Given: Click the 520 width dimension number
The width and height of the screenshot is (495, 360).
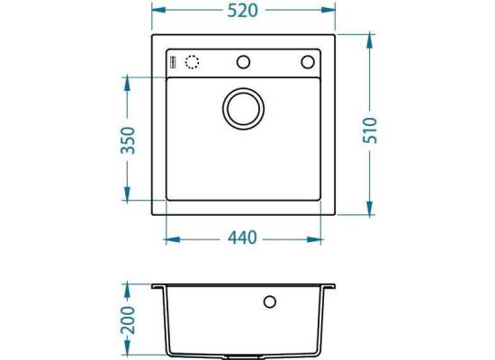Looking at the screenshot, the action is (242, 11).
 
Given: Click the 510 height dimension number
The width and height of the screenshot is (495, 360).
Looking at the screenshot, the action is (370, 130).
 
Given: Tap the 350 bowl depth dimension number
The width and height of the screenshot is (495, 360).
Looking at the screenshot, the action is (128, 140).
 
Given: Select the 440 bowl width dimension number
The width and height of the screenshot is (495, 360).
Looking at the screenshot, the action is (242, 238).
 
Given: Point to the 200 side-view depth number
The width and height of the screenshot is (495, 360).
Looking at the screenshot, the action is (128, 319).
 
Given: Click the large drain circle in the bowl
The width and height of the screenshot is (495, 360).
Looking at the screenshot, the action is (243, 109).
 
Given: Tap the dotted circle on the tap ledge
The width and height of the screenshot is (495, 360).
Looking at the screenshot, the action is (192, 62).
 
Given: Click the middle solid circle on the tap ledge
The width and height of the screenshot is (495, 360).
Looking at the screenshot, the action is (243, 62).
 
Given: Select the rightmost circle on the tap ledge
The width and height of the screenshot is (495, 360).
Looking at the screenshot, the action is (308, 62).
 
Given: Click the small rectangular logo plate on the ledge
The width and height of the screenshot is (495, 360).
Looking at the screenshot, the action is (173, 61).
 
